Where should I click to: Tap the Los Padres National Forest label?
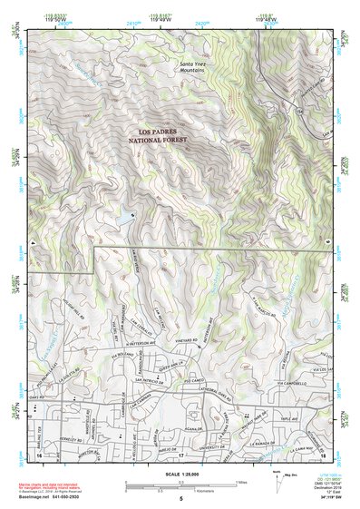pos(163,137)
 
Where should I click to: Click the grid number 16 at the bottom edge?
pos(39,452)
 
